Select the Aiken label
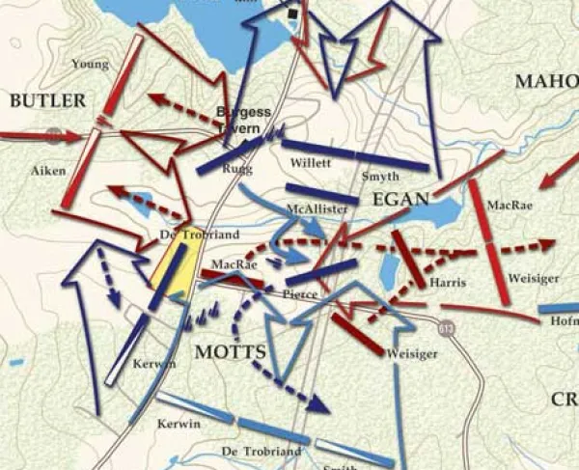(x=49, y=170)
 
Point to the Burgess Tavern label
(x=243, y=119)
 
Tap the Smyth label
(x=379, y=177)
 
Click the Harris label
(x=450, y=283)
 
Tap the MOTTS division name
(x=230, y=351)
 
